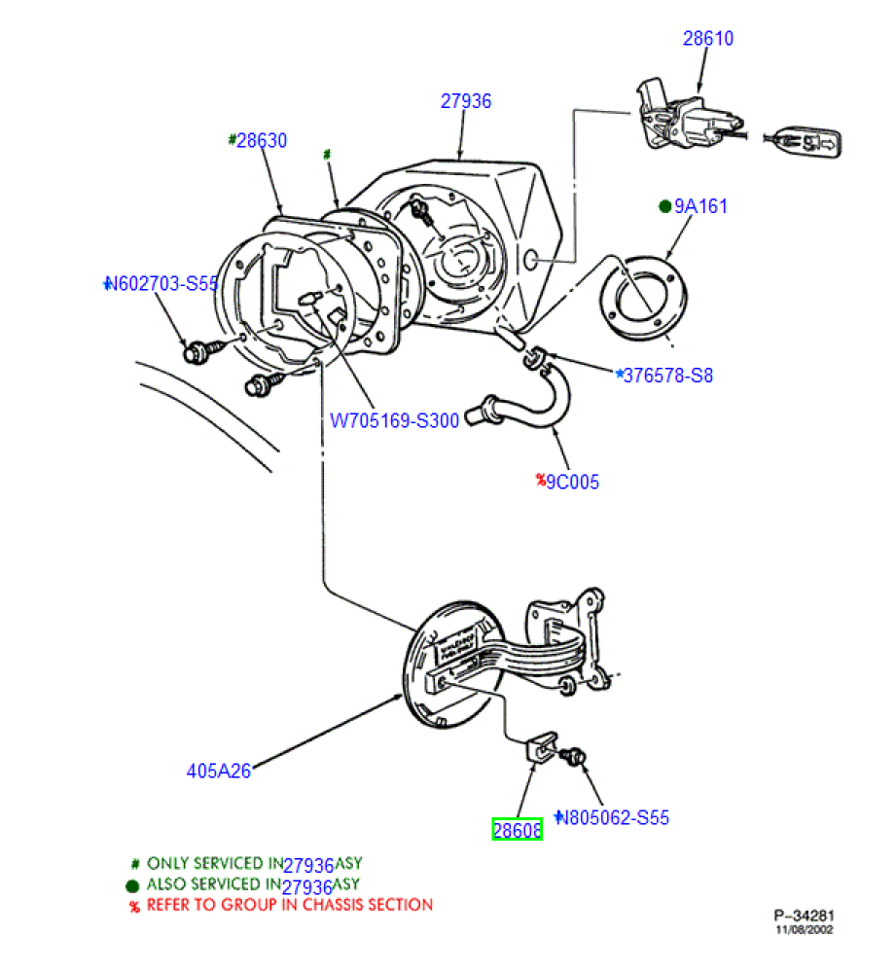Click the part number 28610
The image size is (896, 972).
[707, 39]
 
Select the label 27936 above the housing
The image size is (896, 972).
[466, 100]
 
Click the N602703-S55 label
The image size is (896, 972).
[162, 284]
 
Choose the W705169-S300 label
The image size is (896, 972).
[394, 422]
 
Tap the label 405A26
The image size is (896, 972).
[219, 771]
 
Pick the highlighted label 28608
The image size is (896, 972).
[517, 830]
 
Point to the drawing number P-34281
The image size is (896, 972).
[804, 915]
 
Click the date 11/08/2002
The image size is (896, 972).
[804, 929]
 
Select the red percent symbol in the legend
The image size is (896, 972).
[135, 906]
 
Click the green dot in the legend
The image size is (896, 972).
[133, 885]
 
